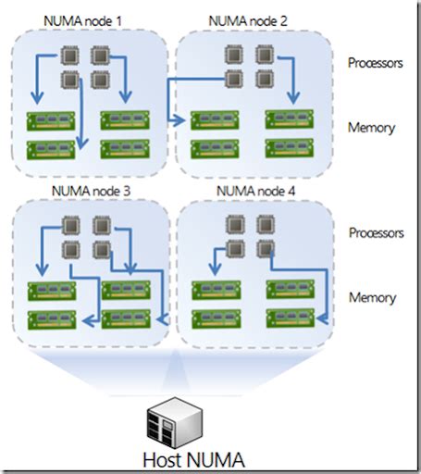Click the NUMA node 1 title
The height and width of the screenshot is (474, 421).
click(82, 21)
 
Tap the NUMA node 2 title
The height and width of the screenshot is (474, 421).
click(248, 21)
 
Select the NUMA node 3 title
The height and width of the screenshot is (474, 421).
click(91, 191)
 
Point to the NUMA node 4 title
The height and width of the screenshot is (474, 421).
click(255, 191)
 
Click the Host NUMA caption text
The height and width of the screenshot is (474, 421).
click(193, 460)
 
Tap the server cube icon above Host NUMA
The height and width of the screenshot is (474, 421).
click(175, 423)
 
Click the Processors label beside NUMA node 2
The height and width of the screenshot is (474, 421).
click(376, 63)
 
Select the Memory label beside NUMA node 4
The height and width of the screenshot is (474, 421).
click(372, 298)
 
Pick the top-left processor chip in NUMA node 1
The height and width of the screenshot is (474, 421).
click(70, 56)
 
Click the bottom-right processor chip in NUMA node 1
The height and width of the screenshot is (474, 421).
click(100, 80)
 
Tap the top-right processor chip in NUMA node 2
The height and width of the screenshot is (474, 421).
click(265, 55)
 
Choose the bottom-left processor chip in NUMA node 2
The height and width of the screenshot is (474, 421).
click(234, 79)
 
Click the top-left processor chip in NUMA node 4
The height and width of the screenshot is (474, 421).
click(235, 224)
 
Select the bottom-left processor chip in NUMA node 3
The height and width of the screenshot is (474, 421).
click(71, 250)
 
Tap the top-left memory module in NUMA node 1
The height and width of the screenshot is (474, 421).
click(51, 121)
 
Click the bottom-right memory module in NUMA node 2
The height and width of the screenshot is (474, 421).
click(290, 148)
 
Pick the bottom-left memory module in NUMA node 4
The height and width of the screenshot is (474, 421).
click(217, 319)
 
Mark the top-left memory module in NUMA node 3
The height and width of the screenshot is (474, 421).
click(52, 291)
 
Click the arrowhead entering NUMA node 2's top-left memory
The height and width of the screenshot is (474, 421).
click(179, 120)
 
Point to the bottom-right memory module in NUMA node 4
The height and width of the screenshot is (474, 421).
click(291, 318)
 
